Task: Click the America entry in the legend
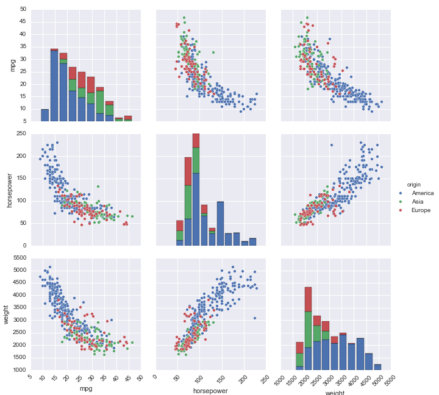coord(421,193)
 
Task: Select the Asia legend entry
coord(417,202)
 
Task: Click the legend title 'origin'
coord(414,184)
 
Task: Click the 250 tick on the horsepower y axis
coord(21,133)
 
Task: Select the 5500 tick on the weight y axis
coord(19,258)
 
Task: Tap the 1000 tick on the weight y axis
coord(19,370)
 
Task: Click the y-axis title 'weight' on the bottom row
coord(7,313)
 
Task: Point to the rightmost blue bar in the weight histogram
coord(377,367)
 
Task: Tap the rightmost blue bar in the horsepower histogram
coord(252,242)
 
